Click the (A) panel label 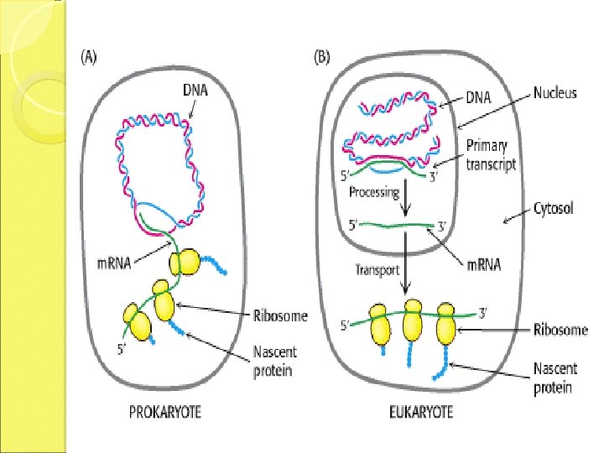[x=88, y=58]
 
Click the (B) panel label [x=321, y=58]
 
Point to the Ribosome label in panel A [x=280, y=316]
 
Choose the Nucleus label [x=555, y=93]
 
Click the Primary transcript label [x=492, y=156]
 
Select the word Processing [x=374, y=192]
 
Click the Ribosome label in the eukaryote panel [x=560, y=330]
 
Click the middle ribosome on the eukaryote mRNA [x=412, y=324]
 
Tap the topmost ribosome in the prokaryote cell [x=186, y=263]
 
